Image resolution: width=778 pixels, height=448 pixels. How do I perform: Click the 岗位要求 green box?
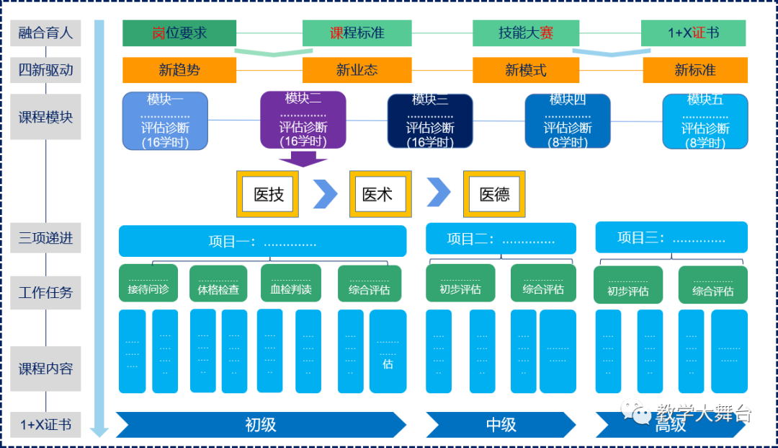179,33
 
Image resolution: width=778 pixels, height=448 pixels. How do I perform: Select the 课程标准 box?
357,33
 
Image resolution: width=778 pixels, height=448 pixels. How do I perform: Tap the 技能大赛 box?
525,33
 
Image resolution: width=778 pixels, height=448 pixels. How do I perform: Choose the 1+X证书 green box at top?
693,33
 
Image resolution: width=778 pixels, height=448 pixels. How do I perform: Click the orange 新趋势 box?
179,70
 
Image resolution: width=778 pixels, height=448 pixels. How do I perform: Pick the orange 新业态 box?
357,70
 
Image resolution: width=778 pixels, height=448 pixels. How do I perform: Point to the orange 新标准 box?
695,70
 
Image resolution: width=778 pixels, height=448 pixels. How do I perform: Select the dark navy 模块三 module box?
430,121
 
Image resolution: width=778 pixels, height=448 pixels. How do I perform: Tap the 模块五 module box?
705,121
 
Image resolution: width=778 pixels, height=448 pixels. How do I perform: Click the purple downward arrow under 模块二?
303,159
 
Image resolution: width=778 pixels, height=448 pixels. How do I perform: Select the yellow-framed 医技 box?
269,194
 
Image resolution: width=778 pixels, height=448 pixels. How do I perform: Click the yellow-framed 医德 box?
494,194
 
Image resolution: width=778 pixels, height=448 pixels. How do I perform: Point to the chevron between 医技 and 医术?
325,194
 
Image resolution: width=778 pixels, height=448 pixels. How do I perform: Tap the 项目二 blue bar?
501,239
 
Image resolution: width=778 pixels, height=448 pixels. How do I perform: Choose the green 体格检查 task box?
218,284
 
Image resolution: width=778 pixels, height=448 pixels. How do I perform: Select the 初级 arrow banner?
261,424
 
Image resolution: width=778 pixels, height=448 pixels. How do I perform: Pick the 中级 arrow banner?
501,424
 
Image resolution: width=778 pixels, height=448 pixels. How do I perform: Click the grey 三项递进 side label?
45,237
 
